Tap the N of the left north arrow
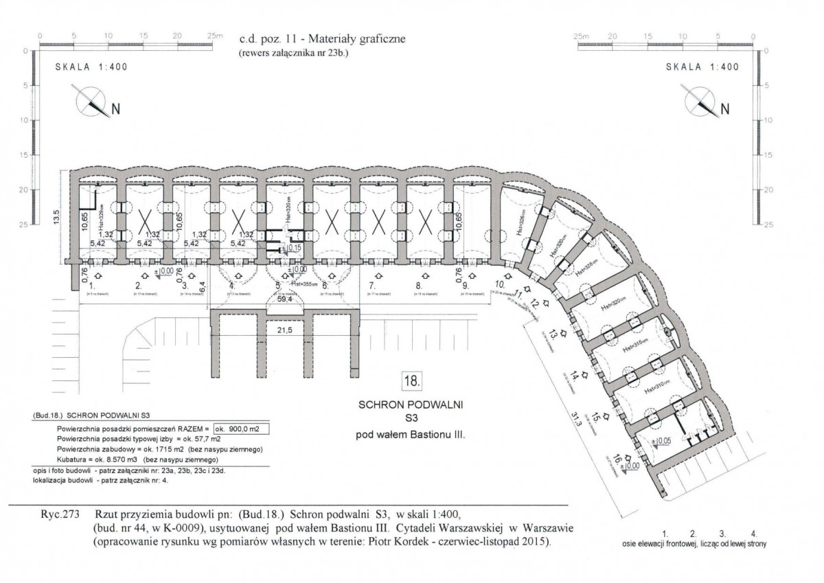[116, 109]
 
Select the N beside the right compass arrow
[724, 109]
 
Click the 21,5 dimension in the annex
[285, 330]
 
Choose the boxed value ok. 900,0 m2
[241, 428]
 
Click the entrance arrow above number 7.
[372, 273]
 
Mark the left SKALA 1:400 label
[91, 67]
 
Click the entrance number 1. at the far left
[92, 284]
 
